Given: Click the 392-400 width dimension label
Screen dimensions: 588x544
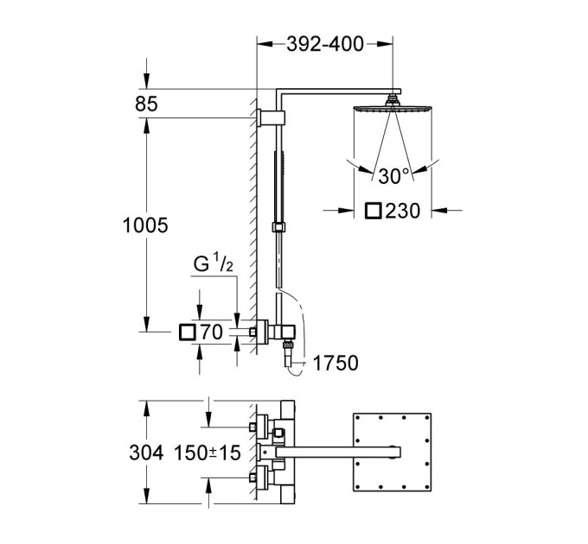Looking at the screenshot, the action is (325, 44).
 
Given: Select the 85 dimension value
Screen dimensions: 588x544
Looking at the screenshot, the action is (146, 104).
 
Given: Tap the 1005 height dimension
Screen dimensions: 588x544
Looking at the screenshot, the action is (145, 225).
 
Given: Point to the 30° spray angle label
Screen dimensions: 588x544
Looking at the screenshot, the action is (393, 176).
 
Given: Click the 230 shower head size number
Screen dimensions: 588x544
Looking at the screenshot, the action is (403, 211).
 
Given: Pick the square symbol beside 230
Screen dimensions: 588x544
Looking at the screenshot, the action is (374, 211).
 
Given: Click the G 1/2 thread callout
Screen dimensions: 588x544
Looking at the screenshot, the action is (214, 263).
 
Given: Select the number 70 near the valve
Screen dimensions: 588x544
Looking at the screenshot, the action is (212, 332).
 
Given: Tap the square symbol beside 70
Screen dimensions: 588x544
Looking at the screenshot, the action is (188, 332).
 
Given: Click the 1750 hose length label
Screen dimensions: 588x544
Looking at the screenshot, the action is (336, 363).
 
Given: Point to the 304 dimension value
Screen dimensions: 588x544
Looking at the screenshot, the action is (146, 452).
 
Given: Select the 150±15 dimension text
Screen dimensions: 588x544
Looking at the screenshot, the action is (208, 452).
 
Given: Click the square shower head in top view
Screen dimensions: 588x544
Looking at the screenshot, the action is (393, 452).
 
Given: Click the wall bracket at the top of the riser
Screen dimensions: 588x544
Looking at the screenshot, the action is (272, 117).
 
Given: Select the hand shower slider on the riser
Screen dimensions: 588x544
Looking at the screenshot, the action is (278, 227).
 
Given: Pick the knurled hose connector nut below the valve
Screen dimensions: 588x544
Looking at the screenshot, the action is (288, 344).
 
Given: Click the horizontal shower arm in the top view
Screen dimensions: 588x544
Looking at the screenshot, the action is (338, 452).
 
